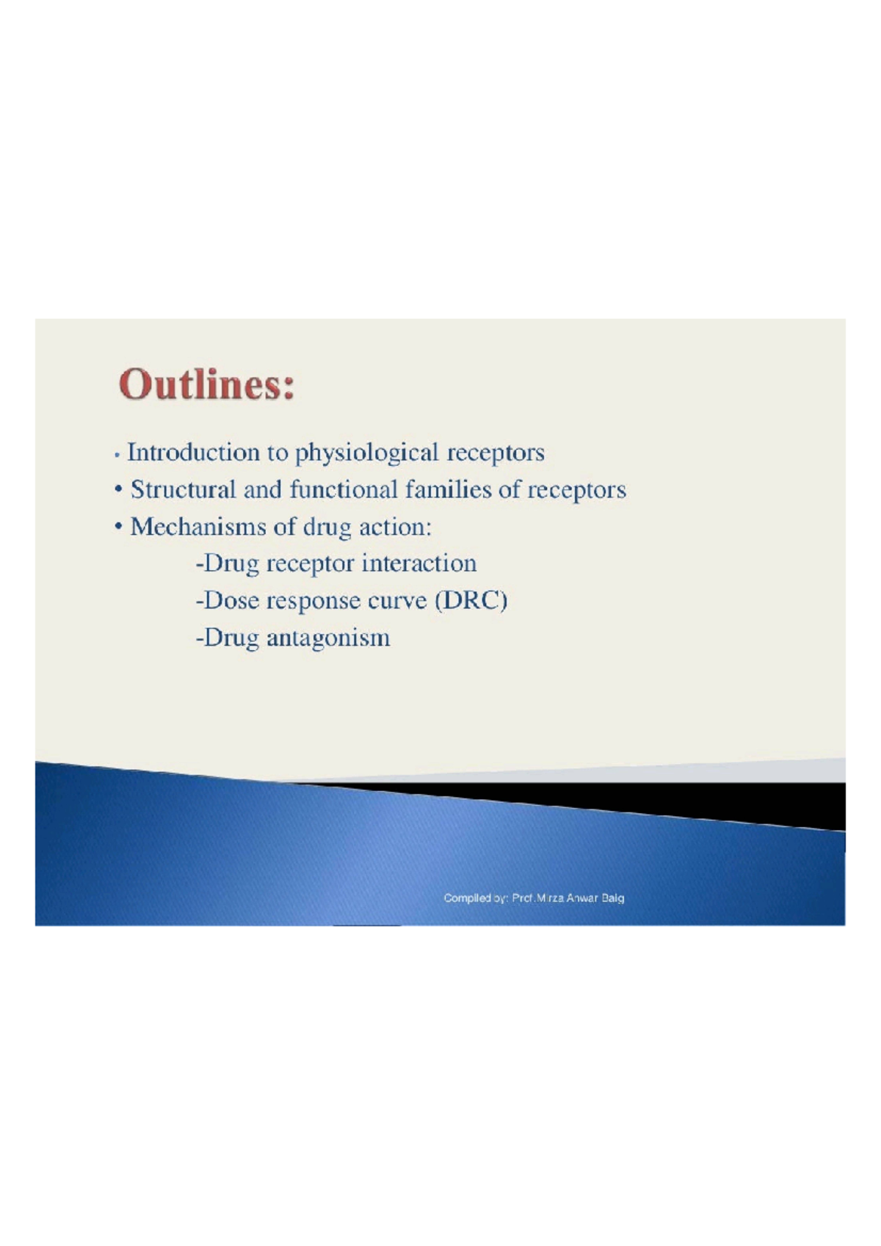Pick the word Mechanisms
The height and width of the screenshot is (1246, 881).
pos(197,527)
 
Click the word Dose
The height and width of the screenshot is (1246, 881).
pos(231,600)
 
